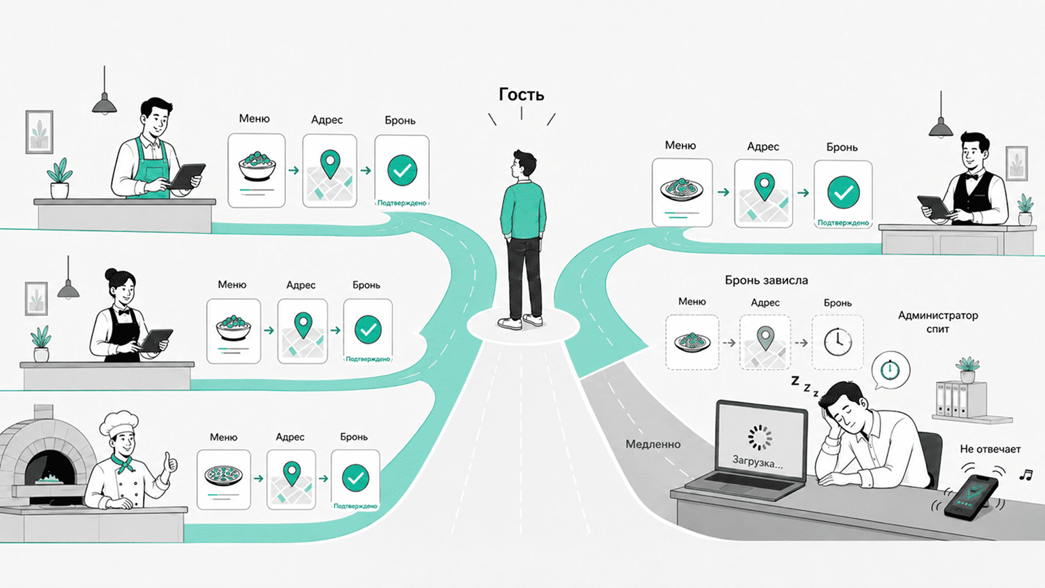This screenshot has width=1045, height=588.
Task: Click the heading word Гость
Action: (x=521, y=95)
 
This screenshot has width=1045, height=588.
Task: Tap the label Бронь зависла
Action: (x=766, y=280)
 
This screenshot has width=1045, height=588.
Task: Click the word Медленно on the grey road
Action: (x=652, y=444)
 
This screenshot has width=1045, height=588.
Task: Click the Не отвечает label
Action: (x=990, y=449)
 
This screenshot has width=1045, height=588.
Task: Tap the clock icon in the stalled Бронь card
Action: (x=837, y=342)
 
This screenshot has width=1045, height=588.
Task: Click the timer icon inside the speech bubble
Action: (x=890, y=370)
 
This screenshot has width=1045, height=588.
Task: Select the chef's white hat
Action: (x=119, y=423)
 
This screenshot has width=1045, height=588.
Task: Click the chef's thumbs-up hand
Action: (x=170, y=463)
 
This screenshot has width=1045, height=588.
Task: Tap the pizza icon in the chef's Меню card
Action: (x=223, y=476)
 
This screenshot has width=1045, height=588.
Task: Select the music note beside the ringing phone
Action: (x=1025, y=476)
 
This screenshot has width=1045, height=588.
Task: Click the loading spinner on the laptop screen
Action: (x=760, y=438)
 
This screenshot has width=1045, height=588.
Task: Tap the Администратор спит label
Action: (x=938, y=322)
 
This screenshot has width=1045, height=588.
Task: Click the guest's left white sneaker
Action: (x=510, y=323)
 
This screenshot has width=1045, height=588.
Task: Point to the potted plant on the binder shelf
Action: (x=967, y=369)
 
